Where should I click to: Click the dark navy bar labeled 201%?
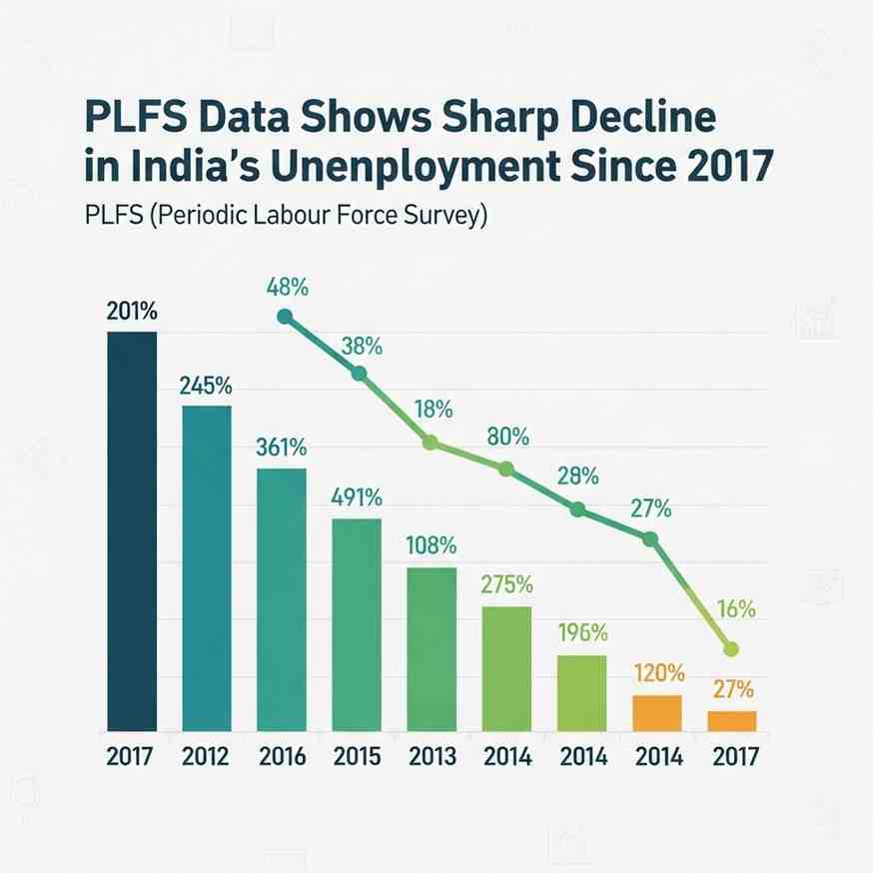[x=133, y=529]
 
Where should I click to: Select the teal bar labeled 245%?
[x=207, y=567]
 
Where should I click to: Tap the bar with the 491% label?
[x=356, y=624]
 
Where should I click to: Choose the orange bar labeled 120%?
[x=656, y=712]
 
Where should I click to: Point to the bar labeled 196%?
[x=581, y=692]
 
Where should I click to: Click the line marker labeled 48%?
[x=285, y=317]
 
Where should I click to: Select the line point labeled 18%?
[x=431, y=442]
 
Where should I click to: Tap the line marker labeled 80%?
[x=505, y=468]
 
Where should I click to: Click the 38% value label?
[x=361, y=348]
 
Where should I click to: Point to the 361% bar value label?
[x=282, y=447]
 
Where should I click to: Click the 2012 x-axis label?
[x=207, y=756]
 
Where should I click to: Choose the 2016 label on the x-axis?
[x=282, y=756]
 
